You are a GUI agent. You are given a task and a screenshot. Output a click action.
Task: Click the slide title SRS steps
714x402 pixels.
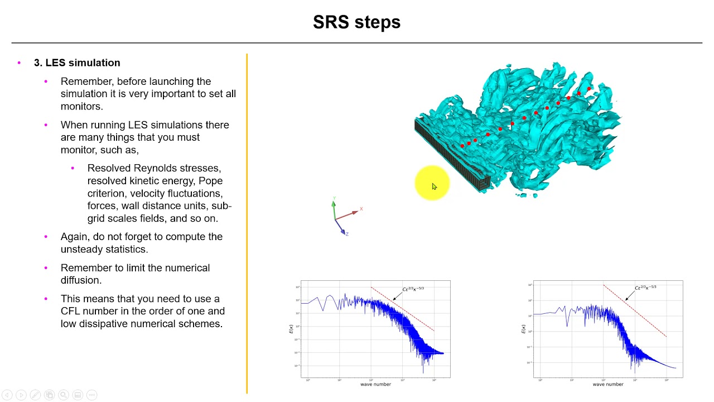pos(356,22)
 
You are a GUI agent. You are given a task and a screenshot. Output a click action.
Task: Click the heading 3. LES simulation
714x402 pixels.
pos(77,63)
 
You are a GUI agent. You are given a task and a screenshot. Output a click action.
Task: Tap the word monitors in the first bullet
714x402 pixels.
pos(81,106)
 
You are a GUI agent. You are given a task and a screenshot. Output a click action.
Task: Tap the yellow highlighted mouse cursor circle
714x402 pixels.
pos(432,183)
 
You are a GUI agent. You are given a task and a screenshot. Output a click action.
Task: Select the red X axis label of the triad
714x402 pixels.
pos(361,209)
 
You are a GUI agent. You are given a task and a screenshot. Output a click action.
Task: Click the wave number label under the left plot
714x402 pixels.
pos(375,384)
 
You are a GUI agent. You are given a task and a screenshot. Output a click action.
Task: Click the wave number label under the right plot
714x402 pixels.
pos(607,384)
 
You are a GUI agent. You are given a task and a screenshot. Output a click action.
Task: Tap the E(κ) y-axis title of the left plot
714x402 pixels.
pos(291,329)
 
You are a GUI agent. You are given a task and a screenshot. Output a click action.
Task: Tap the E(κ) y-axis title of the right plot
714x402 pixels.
pos(523,329)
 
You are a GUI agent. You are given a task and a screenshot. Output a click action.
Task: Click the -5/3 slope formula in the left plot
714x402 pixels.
pos(413,289)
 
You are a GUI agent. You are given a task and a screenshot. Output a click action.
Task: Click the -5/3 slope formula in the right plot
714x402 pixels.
pos(645,288)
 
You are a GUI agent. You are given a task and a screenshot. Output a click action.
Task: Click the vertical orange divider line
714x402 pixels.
pos(247,223)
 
